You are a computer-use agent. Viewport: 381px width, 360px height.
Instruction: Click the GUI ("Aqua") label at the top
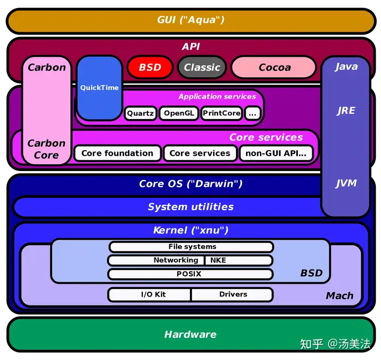(x=190, y=20)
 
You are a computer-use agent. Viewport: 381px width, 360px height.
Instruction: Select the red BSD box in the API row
(x=150, y=68)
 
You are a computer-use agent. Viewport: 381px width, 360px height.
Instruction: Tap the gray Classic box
(x=202, y=68)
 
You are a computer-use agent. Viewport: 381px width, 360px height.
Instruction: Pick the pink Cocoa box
(x=274, y=68)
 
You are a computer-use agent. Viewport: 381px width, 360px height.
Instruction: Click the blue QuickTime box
(x=99, y=87)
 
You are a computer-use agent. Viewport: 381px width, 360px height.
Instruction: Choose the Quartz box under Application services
(x=140, y=113)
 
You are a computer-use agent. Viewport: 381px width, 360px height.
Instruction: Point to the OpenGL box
(x=179, y=113)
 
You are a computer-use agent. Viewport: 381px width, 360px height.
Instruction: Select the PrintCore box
(x=222, y=113)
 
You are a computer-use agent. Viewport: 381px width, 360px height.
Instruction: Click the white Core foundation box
(x=117, y=154)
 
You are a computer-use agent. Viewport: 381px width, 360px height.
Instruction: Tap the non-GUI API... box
(x=276, y=154)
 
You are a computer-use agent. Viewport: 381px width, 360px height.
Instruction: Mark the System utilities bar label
(x=190, y=207)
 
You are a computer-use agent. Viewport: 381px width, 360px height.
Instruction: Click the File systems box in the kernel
(x=192, y=247)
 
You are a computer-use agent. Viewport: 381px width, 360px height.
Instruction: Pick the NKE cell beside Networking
(x=218, y=260)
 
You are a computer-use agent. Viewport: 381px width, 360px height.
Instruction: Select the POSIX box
(x=189, y=274)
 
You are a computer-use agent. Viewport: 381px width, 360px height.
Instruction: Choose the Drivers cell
(x=233, y=294)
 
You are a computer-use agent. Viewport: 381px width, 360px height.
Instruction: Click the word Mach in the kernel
(x=339, y=296)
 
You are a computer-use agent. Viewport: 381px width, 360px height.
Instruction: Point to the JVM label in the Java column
(x=346, y=183)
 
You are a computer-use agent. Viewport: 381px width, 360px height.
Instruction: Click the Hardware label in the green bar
(x=190, y=335)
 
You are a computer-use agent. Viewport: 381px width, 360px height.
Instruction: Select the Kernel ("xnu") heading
(x=190, y=230)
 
